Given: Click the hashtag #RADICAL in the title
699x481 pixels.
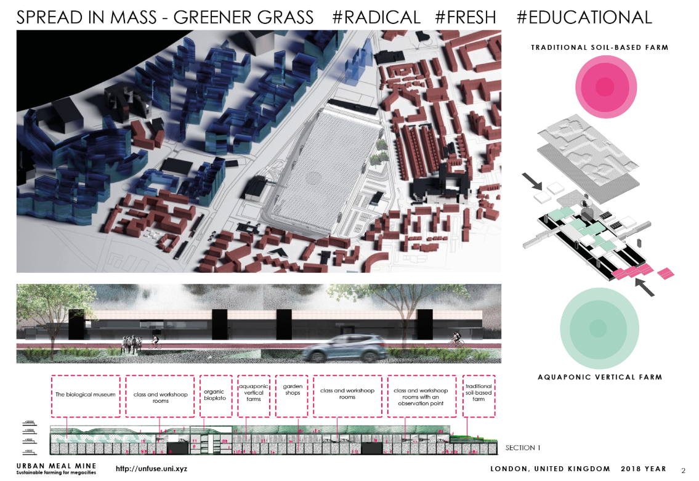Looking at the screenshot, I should coord(376,17).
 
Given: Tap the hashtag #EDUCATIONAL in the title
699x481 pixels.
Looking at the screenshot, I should coord(584,17).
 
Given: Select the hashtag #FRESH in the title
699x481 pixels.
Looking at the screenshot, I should coord(466,17).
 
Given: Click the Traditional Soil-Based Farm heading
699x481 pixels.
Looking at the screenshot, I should coord(599,47).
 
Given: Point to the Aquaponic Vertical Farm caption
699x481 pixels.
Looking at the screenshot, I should coord(599,377).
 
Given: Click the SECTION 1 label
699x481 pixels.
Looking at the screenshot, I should coord(523,448).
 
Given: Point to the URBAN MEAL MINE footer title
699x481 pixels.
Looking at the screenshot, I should coord(56,466).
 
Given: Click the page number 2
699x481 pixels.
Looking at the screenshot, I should coord(683,471).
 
